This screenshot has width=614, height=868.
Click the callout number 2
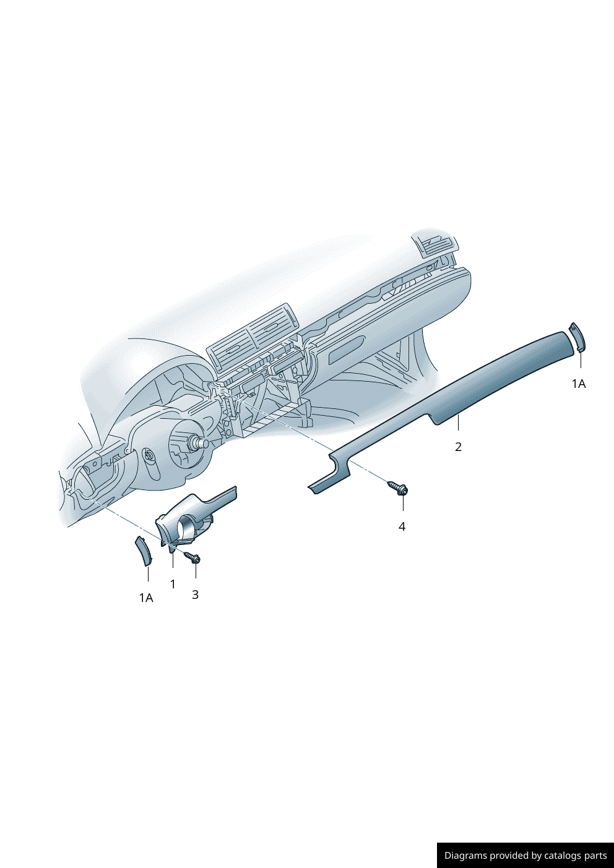[458, 447]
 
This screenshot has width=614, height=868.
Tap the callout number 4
[402, 526]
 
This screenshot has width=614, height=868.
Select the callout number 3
[195, 595]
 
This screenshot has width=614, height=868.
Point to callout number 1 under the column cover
[173, 584]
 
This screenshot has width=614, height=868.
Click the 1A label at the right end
[579, 384]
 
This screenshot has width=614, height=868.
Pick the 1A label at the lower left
[146, 598]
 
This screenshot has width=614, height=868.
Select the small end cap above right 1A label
[577, 337]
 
